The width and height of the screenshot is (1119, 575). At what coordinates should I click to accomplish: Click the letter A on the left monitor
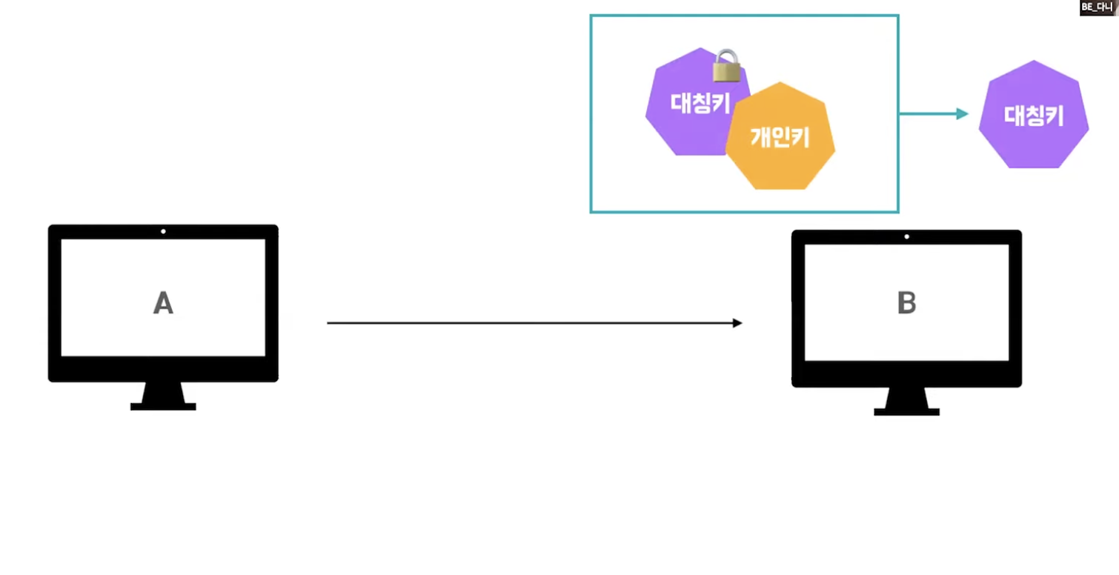coord(163,303)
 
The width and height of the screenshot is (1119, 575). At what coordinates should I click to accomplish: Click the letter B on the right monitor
coord(906,303)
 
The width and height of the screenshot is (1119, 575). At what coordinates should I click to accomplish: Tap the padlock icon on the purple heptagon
coord(726,66)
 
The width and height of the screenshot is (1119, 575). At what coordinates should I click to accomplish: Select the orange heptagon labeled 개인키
coord(780,159)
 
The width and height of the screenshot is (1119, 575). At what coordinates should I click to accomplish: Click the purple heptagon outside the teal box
coord(1034,115)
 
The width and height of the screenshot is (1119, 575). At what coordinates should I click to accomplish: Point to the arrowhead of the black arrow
coord(737,323)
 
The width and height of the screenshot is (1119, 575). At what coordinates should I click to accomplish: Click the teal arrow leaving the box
coord(934,113)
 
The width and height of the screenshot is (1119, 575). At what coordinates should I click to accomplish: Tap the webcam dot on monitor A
coord(163,231)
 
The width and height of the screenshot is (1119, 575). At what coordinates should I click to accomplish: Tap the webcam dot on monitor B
coord(906,236)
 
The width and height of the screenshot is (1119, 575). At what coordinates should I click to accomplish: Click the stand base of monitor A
coord(163,406)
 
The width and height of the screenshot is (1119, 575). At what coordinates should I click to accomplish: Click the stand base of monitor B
coord(906,411)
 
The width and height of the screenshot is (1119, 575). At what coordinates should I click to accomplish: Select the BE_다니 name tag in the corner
coord(1098,7)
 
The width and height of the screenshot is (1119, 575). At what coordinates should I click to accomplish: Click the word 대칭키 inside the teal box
coord(700,102)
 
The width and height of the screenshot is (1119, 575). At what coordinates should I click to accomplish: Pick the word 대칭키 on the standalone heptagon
coord(1034,116)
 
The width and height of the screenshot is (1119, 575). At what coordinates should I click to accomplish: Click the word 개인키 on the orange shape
coord(780,138)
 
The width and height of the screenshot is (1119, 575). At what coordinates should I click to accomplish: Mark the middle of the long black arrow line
coord(534,323)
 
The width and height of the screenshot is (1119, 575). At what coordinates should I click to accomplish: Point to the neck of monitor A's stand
coord(163,392)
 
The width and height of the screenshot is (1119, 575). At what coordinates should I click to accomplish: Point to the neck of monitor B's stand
coord(906,397)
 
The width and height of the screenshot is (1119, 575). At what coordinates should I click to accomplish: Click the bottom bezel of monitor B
coord(906,373)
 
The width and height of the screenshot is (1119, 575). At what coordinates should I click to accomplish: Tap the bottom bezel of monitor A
coord(163,368)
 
